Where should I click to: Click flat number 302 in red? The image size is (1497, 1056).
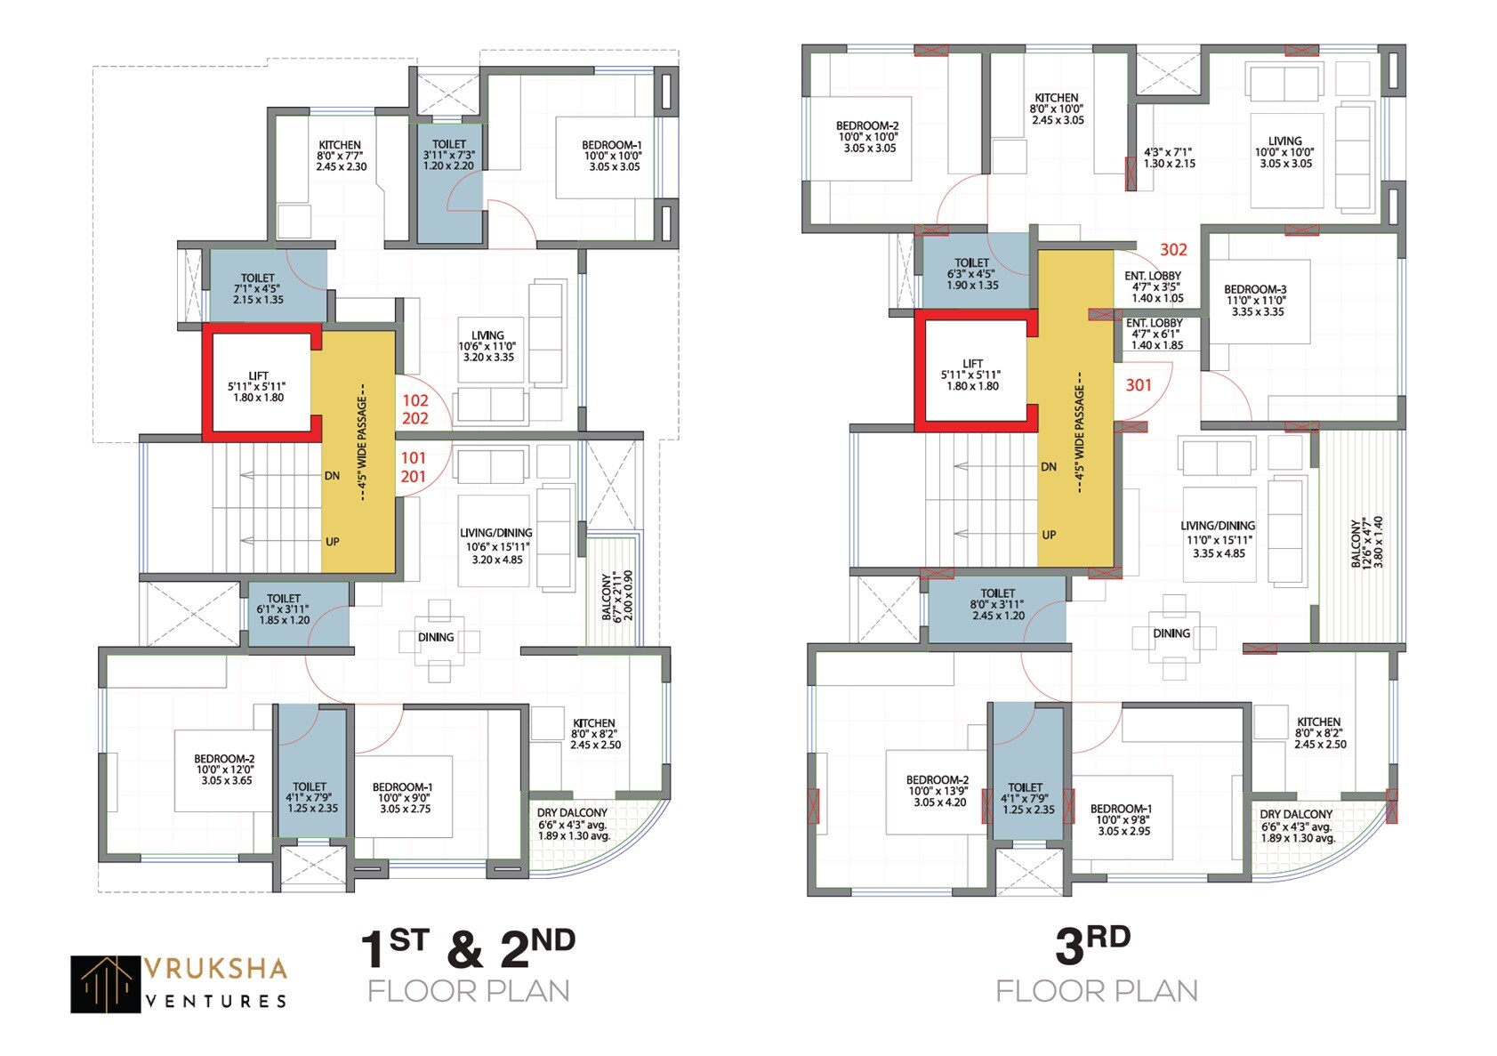[1173, 250]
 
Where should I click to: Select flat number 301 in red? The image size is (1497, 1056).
[1139, 385]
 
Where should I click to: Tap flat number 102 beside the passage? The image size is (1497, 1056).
[414, 400]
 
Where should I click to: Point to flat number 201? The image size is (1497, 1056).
[413, 477]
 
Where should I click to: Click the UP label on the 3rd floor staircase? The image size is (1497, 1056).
[1049, 535]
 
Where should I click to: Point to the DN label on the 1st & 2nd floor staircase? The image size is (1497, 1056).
[332, 476]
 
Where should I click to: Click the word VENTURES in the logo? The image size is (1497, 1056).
[215, 1001]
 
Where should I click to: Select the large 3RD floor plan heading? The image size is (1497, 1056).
[1092, 945]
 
